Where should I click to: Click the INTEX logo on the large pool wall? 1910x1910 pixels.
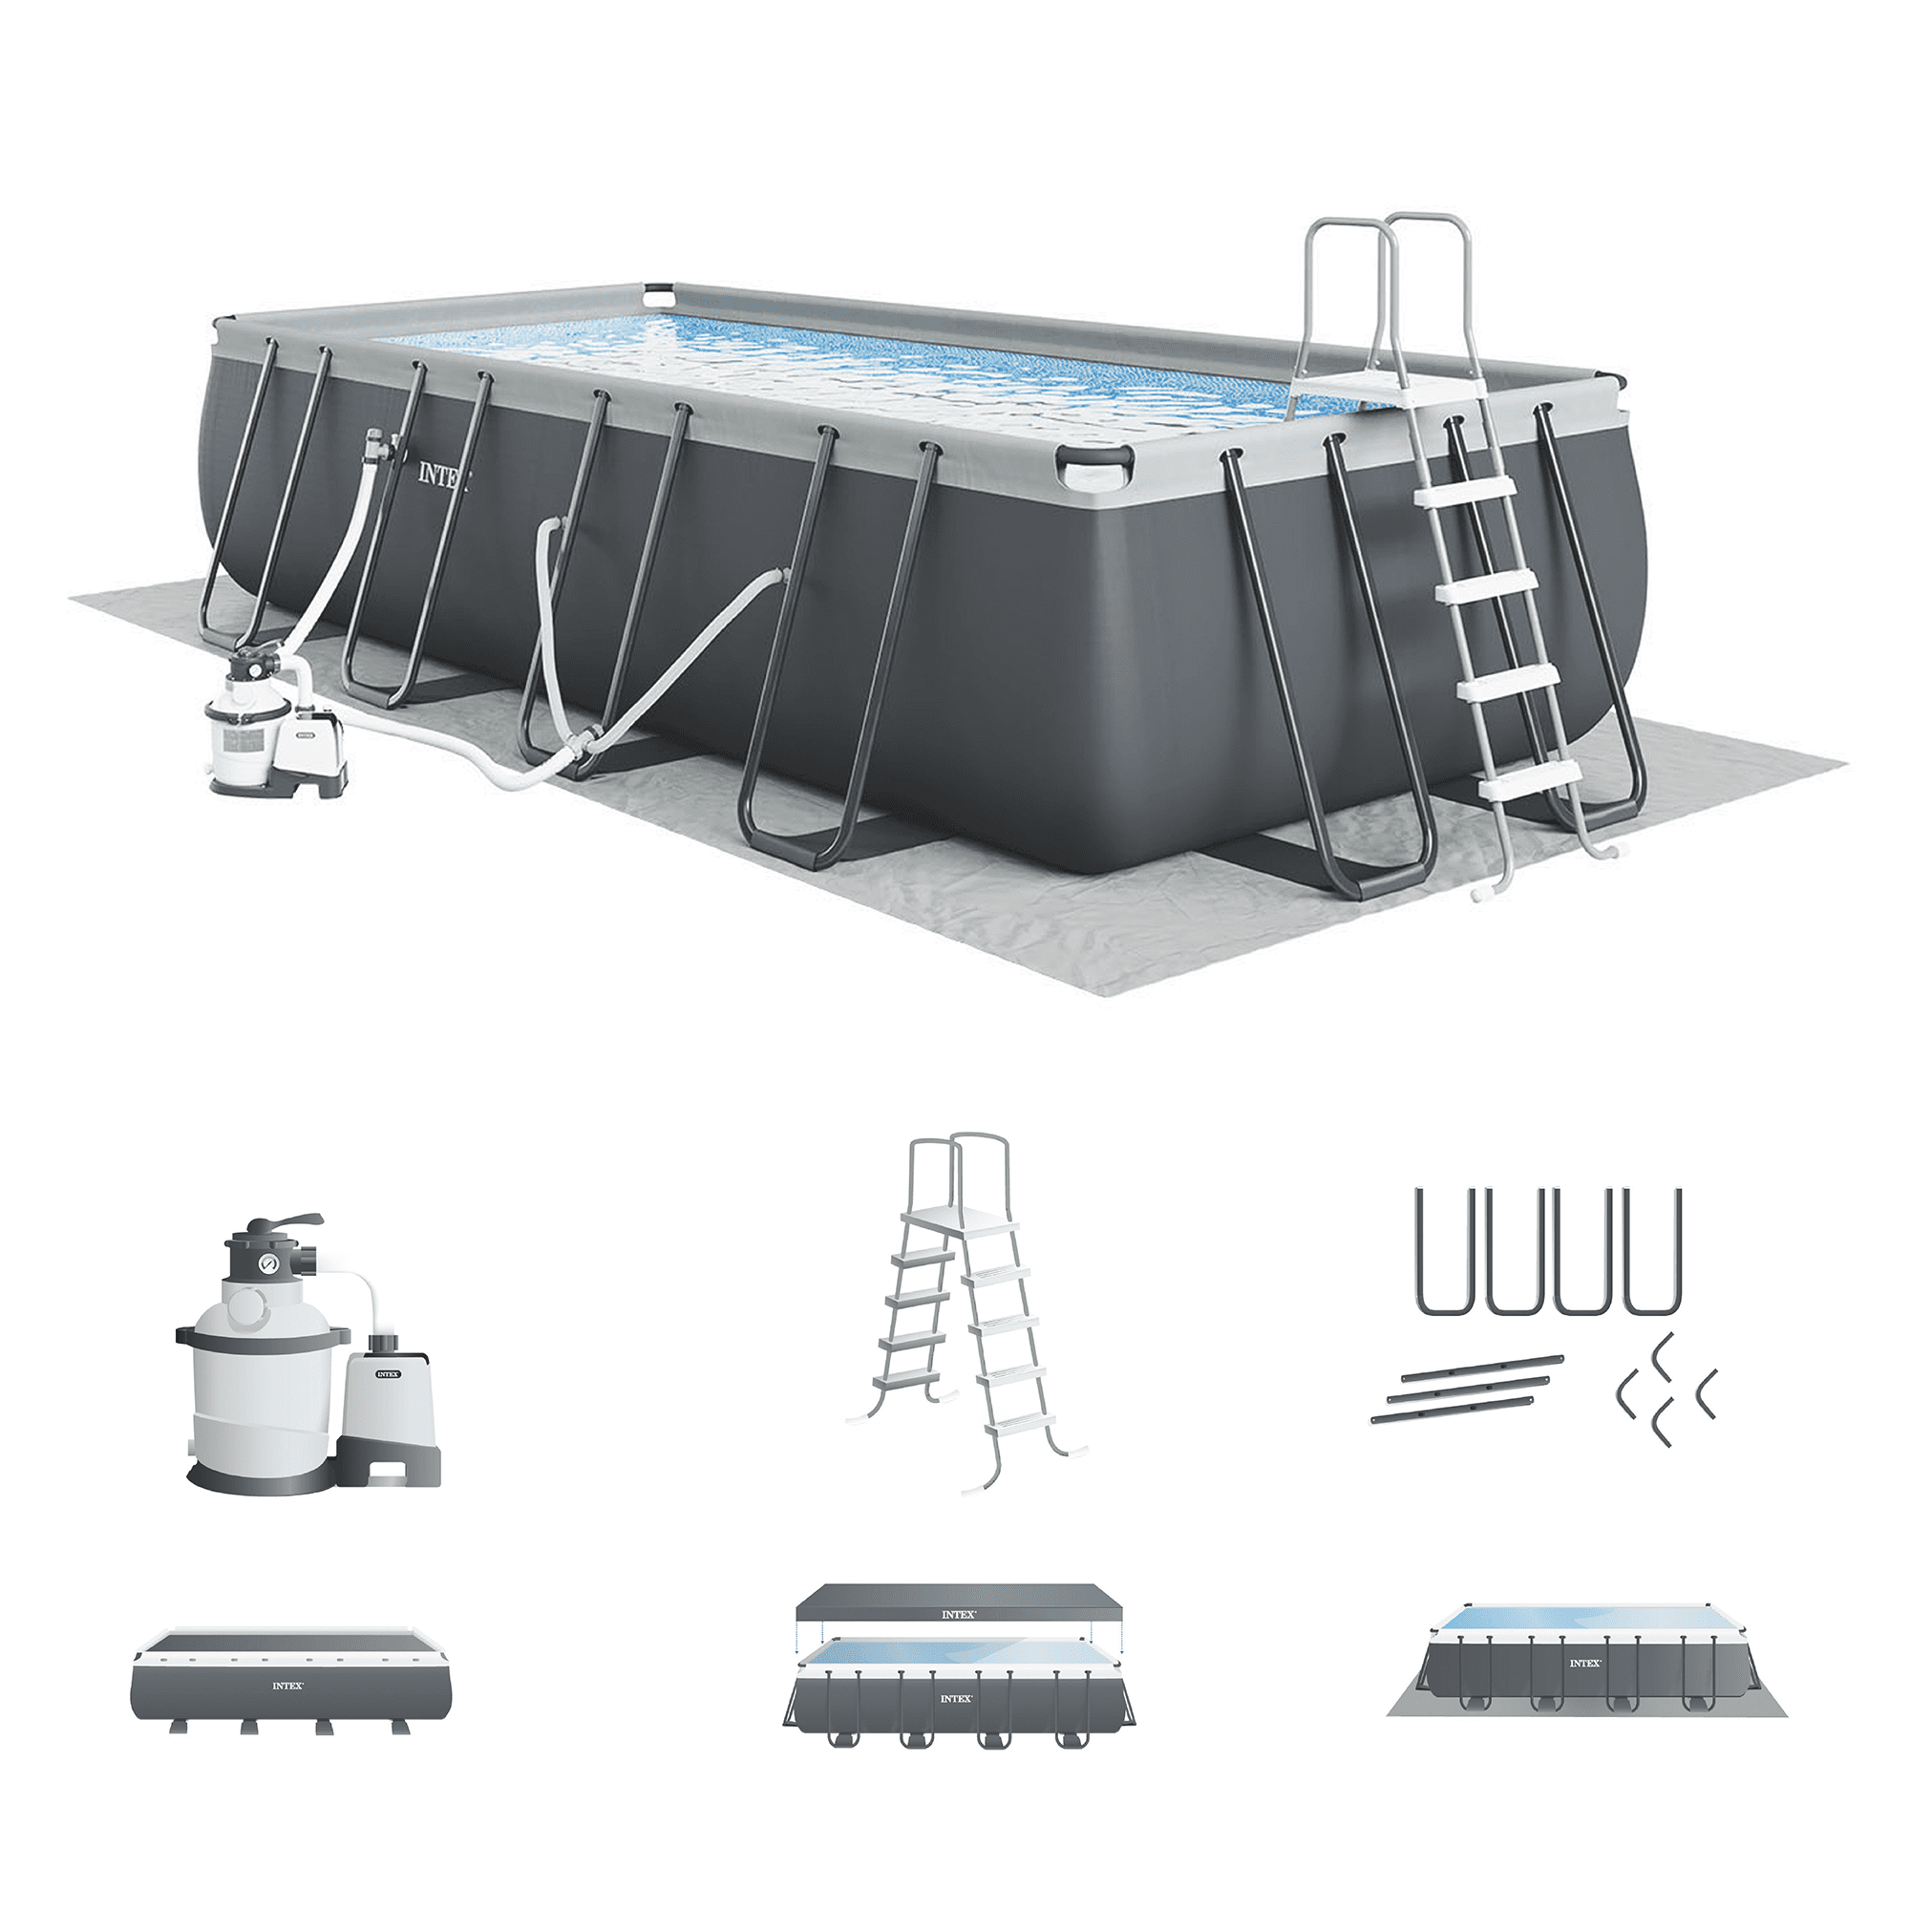pos(443,476)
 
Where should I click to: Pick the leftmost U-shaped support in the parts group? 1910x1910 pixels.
pos(1446,1252)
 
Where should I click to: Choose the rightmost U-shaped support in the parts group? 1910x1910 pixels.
pos(1652,1252)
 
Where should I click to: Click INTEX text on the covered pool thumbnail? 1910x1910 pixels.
pos(287,1686)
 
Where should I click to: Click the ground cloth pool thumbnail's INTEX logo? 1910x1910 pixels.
pos(1584,1664)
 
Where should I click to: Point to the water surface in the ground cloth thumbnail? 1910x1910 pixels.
pos(1581,1620)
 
